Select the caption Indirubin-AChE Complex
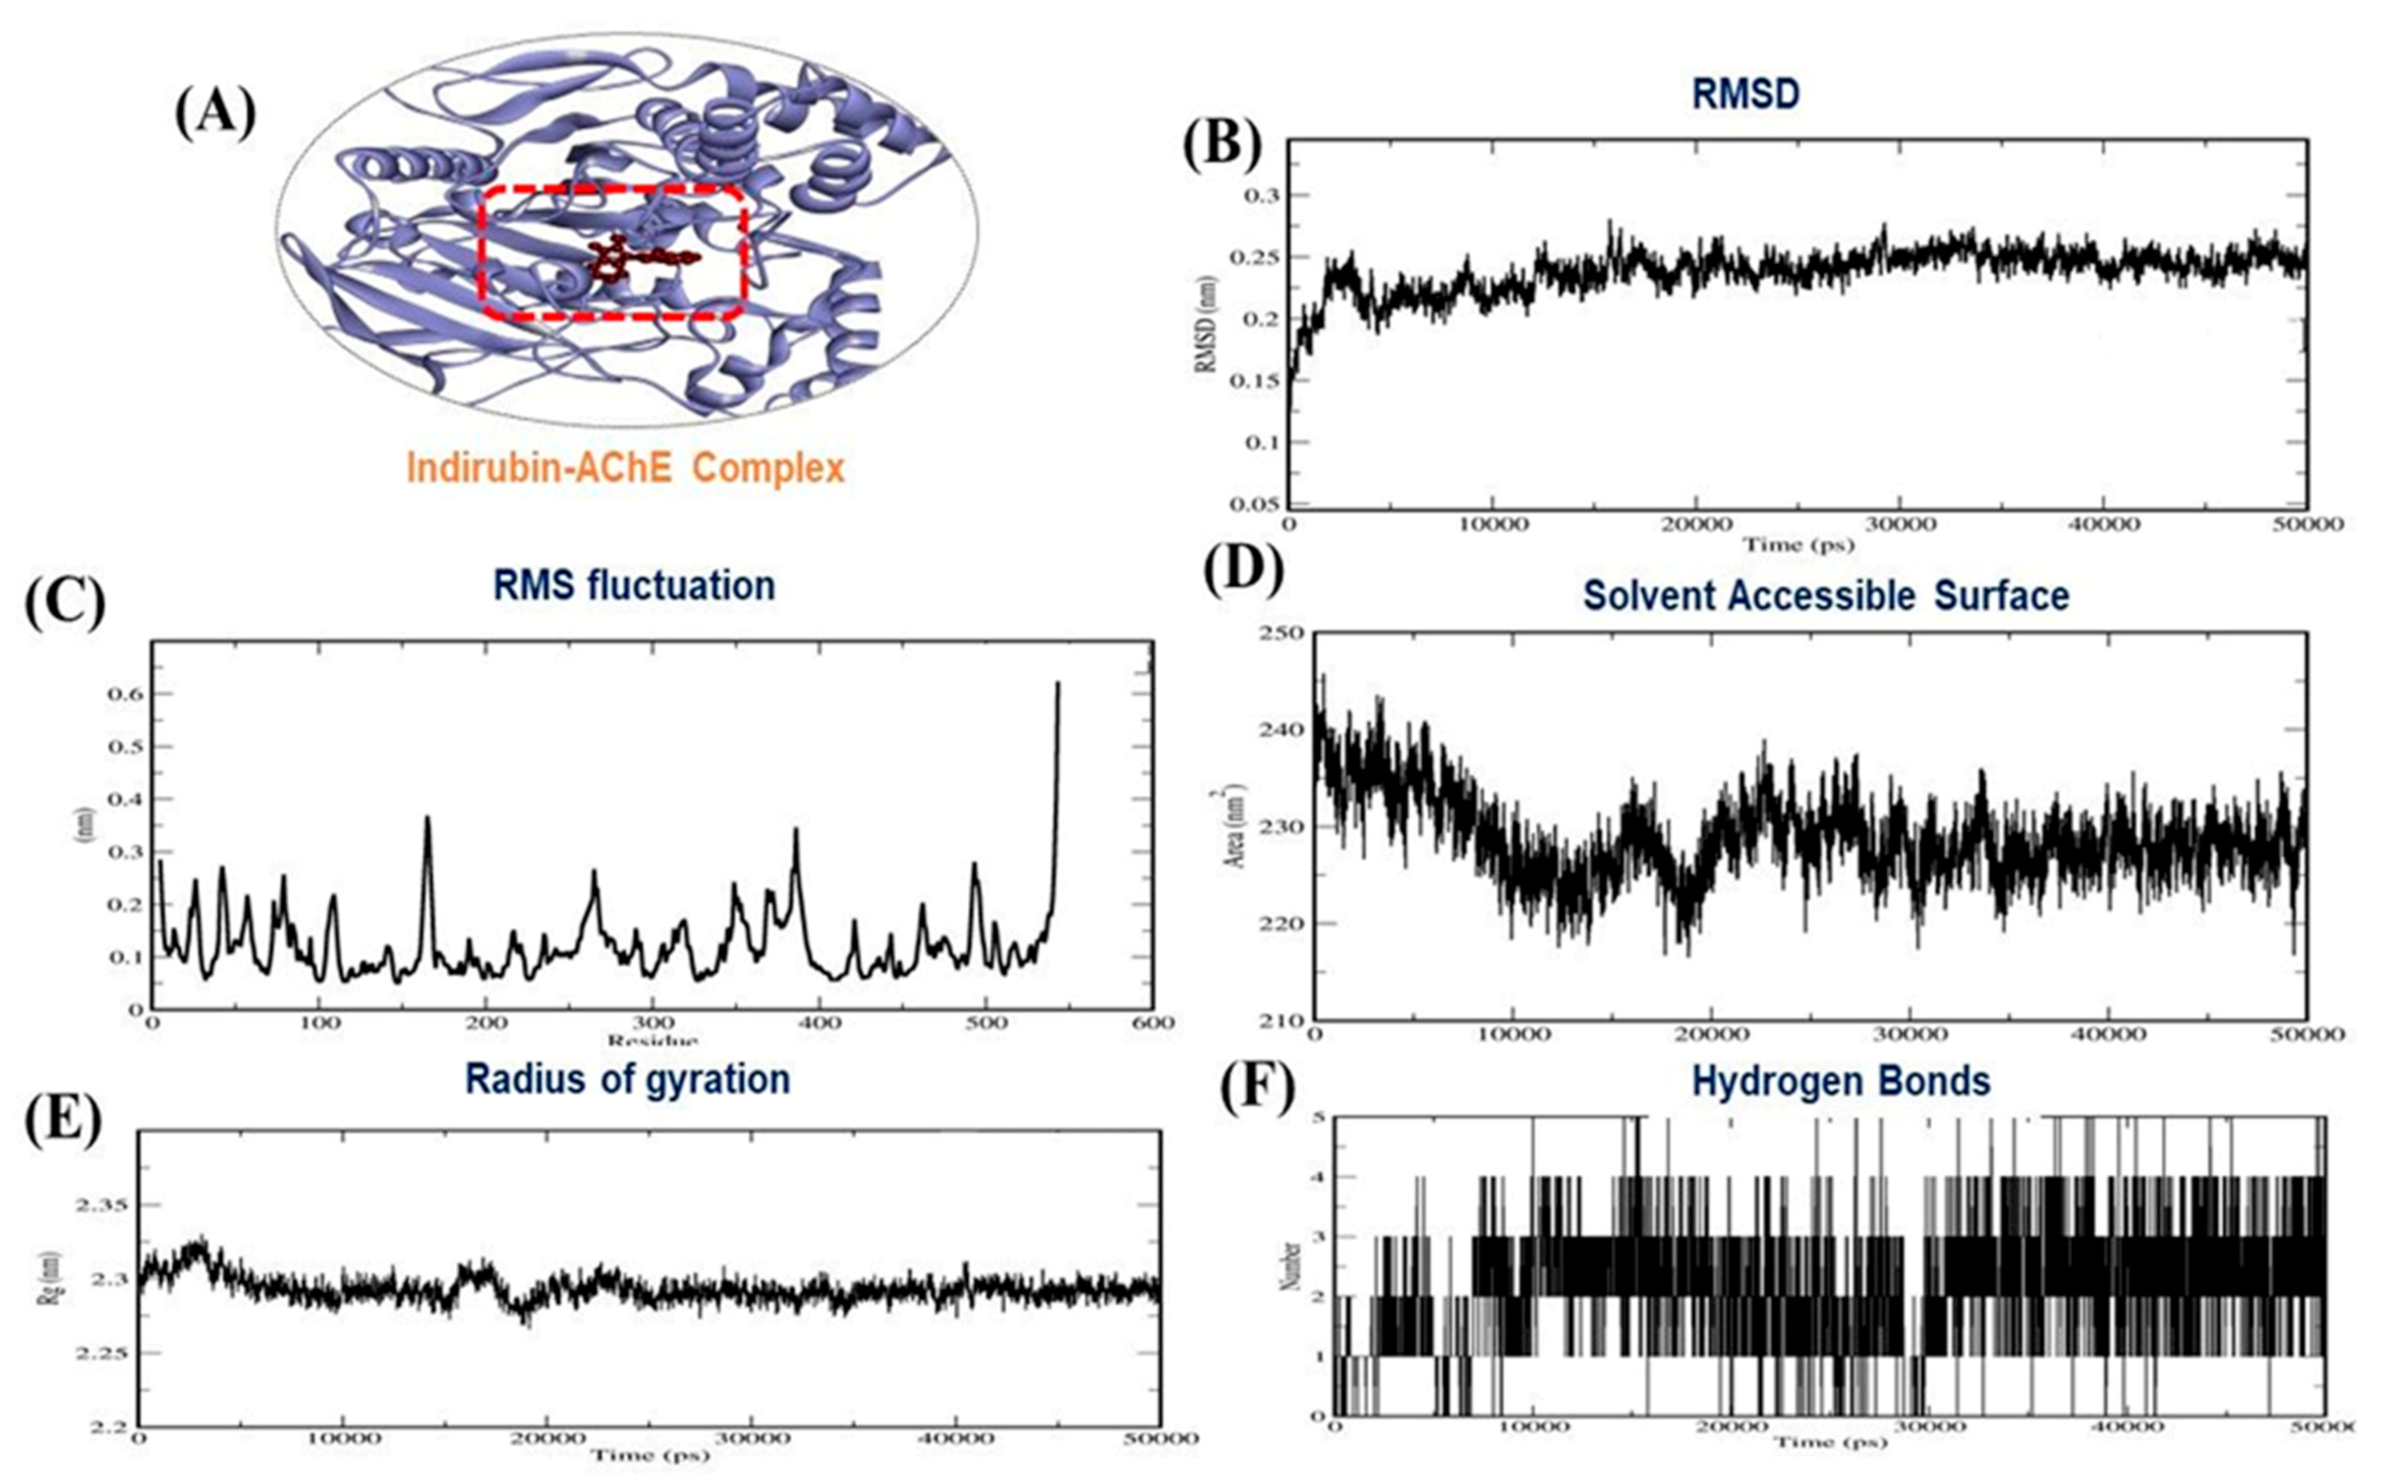[624, 468]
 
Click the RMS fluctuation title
[634, 586]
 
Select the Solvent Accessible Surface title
[1826, 595]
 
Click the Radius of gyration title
[627, 1079]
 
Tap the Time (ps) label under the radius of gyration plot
[649, 1454]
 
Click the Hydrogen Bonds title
[1841, 1081]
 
